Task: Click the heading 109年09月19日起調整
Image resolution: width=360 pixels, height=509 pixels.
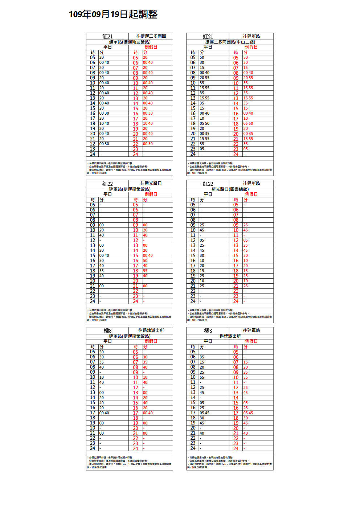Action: tap(113, 15)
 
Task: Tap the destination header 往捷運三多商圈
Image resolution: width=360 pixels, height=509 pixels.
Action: tap(151, 36)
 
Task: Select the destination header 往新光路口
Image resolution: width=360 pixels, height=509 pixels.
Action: tap(151, 183)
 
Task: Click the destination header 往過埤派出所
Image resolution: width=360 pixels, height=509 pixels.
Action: tap(151, 331)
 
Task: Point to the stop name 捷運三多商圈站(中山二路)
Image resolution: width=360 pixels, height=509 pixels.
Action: tap(230, 42)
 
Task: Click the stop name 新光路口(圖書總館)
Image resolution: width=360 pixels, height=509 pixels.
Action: tap(230, 189)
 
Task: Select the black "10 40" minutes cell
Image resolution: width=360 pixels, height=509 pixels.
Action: tap(104, 123)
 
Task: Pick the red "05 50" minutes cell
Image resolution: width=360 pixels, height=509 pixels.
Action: tap(248, 123)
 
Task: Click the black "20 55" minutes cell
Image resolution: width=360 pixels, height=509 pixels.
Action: tap(204, 78)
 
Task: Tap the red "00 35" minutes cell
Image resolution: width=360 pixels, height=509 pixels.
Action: tap(248, 134)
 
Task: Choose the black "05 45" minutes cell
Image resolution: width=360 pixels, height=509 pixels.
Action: tap(204, 413)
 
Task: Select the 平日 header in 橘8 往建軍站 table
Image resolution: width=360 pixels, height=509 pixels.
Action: tap(208, 341)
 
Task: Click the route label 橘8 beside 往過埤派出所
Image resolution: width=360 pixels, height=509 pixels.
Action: tap(107, 331)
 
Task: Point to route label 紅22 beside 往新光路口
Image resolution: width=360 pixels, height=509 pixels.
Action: tap(107, 184)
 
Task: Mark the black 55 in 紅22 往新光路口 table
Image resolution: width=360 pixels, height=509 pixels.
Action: tap(102, 271)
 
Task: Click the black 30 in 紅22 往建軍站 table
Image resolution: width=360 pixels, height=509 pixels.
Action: tap(202, 255)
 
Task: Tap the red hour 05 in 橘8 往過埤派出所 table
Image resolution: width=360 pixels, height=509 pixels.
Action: tap(135, 352)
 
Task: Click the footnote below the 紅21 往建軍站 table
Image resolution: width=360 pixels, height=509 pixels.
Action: tap(230, 168)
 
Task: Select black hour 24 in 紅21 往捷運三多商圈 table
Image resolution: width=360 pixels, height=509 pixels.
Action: tap(93, 154)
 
